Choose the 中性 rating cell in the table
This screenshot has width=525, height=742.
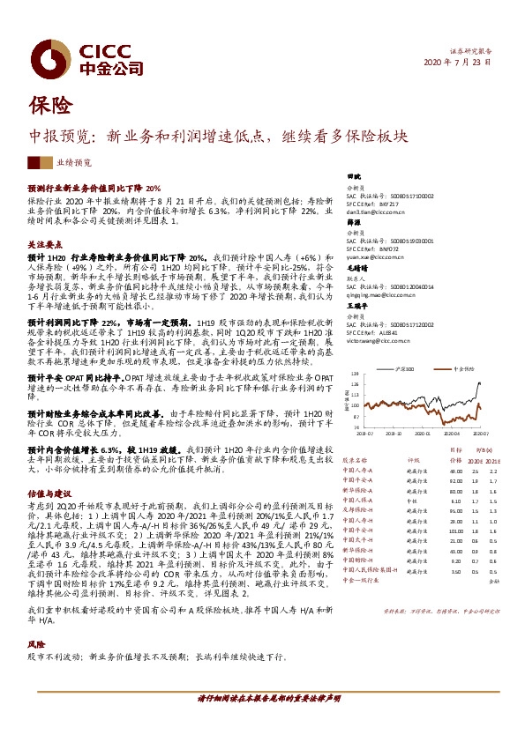[x=410, y=501]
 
